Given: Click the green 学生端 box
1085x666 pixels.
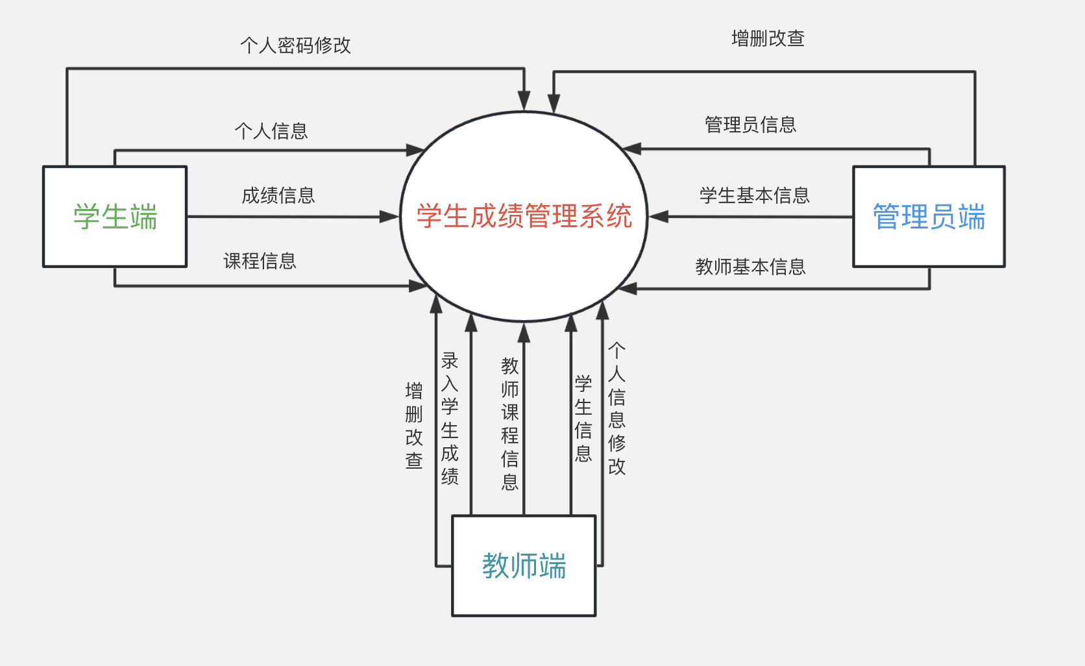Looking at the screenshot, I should [115, 217].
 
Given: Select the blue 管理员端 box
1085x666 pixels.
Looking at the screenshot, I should [929, 217].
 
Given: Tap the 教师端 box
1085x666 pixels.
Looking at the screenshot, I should [524, 565].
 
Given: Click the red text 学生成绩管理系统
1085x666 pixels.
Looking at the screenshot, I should [524, 216].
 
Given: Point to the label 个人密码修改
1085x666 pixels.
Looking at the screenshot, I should [295, 45].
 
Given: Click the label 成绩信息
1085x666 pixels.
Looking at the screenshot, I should [278, 195].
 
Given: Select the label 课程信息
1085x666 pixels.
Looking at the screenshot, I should [260, 261].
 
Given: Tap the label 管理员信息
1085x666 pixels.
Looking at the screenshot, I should [750, 125].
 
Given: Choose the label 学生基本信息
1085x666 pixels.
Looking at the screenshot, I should [754, 195].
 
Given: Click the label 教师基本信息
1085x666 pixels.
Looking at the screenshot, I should [750, 267].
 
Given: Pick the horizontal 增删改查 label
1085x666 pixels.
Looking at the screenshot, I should [768, 39].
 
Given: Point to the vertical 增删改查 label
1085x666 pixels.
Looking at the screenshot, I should [414, 425].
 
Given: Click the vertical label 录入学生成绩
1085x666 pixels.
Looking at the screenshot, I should [450, 419].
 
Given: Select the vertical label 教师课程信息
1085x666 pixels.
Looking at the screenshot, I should [510, 423].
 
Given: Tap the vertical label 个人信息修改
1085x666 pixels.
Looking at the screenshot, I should [616, 409].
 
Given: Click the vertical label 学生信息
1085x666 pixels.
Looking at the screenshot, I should [583, 419].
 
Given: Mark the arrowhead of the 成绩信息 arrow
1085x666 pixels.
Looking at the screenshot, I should [391, 217].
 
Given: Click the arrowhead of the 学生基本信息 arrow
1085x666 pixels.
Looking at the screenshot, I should [657, 217].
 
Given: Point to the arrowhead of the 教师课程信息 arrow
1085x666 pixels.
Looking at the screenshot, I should [524, 332].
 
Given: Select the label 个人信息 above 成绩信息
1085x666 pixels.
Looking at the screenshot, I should [271, 131].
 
